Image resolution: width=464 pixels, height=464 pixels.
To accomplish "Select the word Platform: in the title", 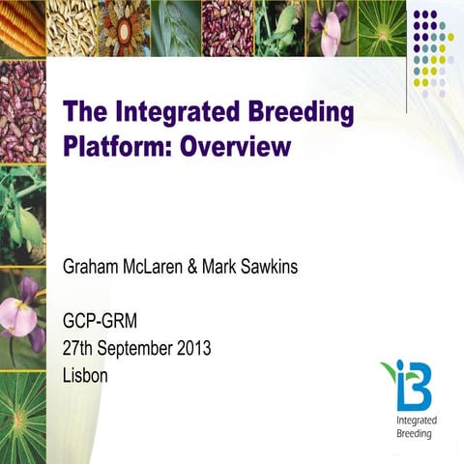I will [112, 147].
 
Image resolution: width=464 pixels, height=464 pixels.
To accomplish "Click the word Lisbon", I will [85, 375].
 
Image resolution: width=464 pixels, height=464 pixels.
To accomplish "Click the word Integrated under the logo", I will [417, 420].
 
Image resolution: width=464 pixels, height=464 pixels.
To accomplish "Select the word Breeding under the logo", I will [415, 434].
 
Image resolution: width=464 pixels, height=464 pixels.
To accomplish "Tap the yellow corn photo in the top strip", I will [22, 27].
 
